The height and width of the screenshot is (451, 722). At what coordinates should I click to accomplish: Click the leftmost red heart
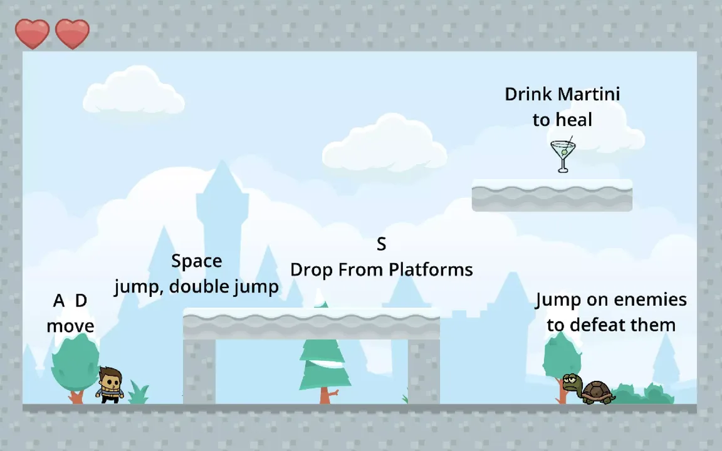coord(32,33)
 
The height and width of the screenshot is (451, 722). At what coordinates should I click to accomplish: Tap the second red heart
coord(72,33)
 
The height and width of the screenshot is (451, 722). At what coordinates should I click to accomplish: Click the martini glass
coord(563,155)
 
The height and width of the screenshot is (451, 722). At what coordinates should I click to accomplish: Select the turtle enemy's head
coord(571,381)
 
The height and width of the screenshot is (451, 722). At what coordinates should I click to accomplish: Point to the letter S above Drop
coord(381,244)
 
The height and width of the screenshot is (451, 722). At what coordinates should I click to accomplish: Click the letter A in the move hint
coord(59,301)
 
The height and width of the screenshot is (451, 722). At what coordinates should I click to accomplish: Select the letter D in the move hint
coord(81,301)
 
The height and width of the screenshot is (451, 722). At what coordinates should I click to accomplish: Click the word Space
coord(196,261)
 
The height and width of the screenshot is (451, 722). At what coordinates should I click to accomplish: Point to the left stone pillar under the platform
coord(199,371)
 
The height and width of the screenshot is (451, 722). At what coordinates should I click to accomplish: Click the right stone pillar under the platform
coord(424,371)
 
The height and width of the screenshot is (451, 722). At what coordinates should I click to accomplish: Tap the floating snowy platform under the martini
coord(552,196)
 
